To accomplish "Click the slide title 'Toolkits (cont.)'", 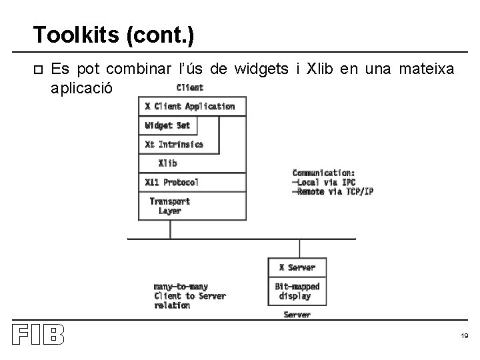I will pos(113,34).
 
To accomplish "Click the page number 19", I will pos(464,337).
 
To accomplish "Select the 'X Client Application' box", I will pos(190,107).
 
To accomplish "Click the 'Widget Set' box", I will pos(167,125).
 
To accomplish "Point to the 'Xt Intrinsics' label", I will pos(174,144).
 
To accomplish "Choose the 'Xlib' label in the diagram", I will pos(168,163).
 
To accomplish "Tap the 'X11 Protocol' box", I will pos(171,182).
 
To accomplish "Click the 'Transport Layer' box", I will pos(170,206).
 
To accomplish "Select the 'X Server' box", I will pos(297,267).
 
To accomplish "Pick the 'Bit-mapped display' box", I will pos(297,291).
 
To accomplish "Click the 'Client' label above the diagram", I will pos(190,87).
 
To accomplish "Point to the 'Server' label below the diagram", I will pos(297,315).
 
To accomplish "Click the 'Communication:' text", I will pos(323,172).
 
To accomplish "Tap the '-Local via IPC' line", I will pos(323,182).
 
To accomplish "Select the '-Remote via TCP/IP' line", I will pos(333,192).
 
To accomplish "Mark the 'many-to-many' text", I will pos(181,287).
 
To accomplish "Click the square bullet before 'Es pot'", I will pos(37,69).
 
